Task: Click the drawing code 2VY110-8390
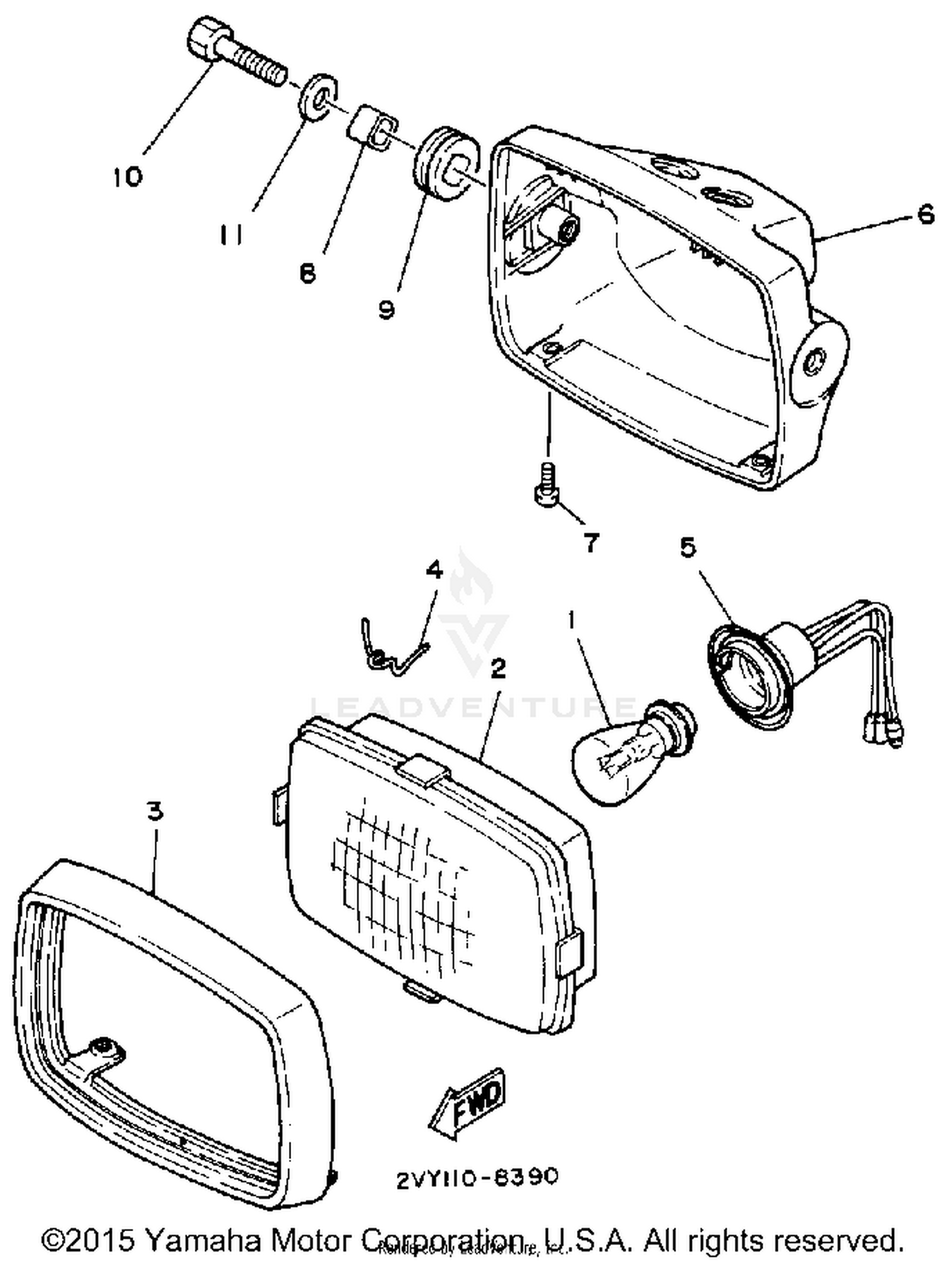coord(477,1177)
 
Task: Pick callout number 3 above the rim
coord(155,811)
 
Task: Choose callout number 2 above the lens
coord(498,667)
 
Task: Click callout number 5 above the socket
coord(688,547)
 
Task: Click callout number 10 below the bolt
coord(128,176)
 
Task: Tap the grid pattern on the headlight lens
coord(404,884)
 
